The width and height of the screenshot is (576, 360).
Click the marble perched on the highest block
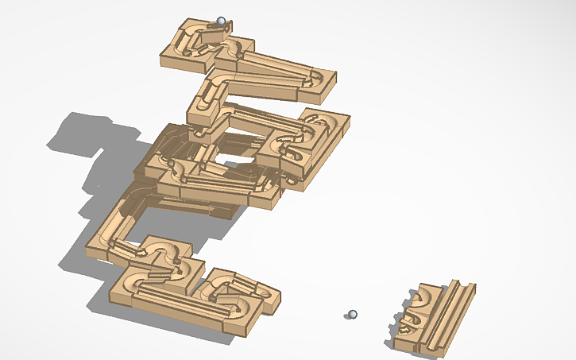click(x=221, y=21)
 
